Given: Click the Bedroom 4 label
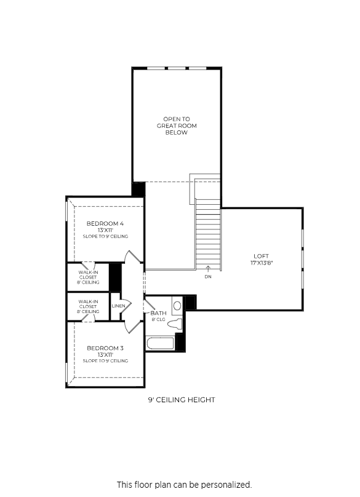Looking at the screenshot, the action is click(105, 223).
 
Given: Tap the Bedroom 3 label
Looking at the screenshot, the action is click(105, 348).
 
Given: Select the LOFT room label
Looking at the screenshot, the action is click(261, 256).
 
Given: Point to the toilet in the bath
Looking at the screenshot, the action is click(175, 324).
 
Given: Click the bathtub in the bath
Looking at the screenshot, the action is click(160, 343).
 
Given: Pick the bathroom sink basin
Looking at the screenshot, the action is click(177, 306).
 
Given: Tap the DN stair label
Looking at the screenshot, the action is click(208, 277).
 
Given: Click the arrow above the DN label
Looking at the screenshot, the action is click(208, 269).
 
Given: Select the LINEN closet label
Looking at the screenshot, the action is click(118, 306).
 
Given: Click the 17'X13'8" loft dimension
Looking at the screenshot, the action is click(262, 263).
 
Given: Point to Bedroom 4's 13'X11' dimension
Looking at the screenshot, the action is click(105, 230).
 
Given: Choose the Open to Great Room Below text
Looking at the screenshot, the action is click(177, 126).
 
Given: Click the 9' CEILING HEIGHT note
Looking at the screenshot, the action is click(182, 400).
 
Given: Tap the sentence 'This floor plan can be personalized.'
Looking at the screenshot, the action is click(184, 485).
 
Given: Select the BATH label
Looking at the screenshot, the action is click(158, 313).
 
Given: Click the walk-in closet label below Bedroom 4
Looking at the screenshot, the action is click(88, 277).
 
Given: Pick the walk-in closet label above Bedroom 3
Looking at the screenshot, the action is click(88, 306).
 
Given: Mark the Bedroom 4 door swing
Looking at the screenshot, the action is click(133, 256).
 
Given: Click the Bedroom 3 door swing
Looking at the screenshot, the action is click(133, 327).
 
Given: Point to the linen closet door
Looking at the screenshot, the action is click(126, 306).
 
